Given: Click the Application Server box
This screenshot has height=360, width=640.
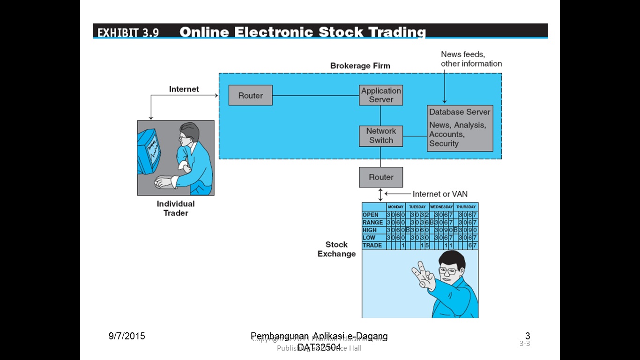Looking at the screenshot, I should [x=381, y=95].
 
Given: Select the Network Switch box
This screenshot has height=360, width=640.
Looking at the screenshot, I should [x=381, y=136].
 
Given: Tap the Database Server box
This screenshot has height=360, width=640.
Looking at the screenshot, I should [x=460, y=128].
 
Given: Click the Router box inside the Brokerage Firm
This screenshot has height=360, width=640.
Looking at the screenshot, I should [x=250, y=96].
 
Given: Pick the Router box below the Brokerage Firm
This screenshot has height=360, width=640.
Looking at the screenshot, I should [x=381, y=177].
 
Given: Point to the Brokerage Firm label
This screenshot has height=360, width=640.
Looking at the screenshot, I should [x=360, y=66].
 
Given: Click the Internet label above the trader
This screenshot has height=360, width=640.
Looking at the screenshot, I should [x=184, y=89].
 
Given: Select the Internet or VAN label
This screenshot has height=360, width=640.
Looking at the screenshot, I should [x=440, y=194].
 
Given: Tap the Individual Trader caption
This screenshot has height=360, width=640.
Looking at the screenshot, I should [x=176, y=208].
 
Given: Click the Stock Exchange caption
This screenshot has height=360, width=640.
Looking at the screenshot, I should [x=336, y=249].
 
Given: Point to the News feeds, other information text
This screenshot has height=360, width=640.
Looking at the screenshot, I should [x=471, y=59].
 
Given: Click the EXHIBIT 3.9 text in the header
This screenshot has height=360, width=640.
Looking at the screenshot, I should [x=128, y=32].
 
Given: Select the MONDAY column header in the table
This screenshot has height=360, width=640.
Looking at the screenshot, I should [x=395, y=207].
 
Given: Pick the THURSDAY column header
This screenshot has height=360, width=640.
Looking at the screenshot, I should [x=466, y=207].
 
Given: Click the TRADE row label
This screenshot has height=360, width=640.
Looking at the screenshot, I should [x=372, y=245].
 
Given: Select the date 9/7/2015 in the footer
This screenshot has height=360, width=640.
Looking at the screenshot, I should [x=127, y=336].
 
